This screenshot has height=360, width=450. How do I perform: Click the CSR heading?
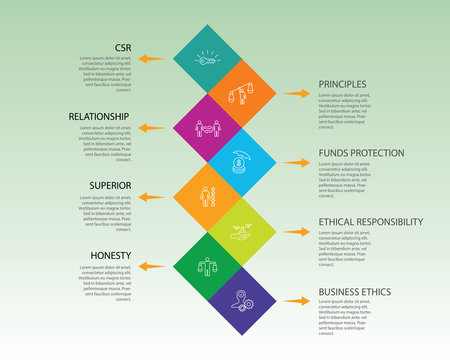(121, 47)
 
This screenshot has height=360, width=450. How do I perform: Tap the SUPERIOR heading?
(110, 185)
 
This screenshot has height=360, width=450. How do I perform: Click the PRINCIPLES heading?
(342, 84)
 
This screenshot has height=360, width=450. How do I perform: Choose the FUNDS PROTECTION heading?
(361, 153)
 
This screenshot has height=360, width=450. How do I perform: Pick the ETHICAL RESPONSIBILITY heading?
(370, 222)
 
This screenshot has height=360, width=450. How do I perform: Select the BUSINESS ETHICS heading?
(355, 292)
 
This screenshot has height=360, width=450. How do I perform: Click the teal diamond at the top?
(207, 59)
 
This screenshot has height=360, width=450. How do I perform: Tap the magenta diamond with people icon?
(207, 128)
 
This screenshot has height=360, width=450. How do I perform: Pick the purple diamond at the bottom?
(241, 300)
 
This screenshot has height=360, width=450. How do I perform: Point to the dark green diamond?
(207, 266)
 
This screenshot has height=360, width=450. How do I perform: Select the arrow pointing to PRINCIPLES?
(296, 93)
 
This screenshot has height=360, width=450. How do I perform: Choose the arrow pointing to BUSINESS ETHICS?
(296, 300)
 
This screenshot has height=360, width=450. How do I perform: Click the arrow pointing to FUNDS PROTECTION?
(296, 163)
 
